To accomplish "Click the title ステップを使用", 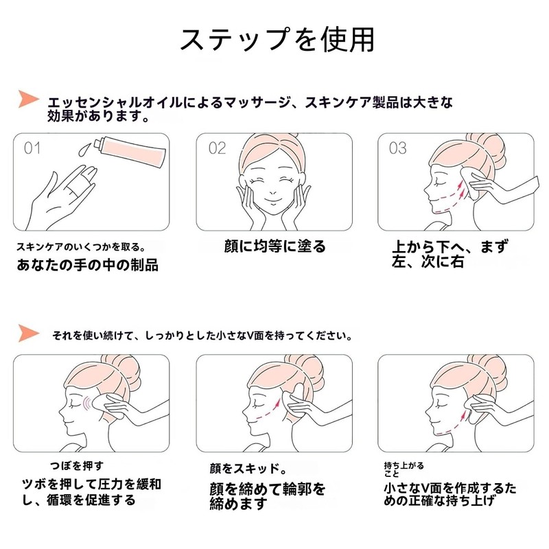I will pos(277,40).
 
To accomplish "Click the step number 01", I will pos(33,148).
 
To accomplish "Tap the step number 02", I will pos(217,148).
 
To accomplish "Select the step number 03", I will pos(398,148).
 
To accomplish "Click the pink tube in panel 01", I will pos(133,152).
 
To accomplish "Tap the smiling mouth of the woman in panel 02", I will pos(272,203).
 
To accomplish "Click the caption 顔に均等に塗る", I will pos(274,246).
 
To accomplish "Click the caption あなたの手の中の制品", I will pos(87,265).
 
